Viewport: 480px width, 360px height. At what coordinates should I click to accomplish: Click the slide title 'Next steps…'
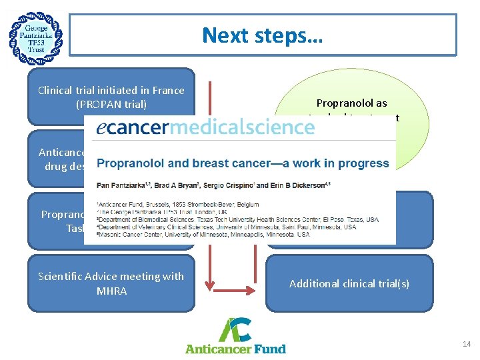263,35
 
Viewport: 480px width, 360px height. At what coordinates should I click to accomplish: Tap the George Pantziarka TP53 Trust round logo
36,37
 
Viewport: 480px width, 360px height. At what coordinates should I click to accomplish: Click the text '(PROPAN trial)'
111,104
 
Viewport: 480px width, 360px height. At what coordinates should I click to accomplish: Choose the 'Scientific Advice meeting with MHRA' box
111,283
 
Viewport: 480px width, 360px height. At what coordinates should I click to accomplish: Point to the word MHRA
111,291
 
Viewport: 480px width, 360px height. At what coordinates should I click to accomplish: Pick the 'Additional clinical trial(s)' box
349,283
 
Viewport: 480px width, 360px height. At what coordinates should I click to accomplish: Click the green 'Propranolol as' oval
351,103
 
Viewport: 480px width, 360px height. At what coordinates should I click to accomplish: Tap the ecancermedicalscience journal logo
205,127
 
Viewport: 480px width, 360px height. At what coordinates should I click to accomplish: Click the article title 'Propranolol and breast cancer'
243,163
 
